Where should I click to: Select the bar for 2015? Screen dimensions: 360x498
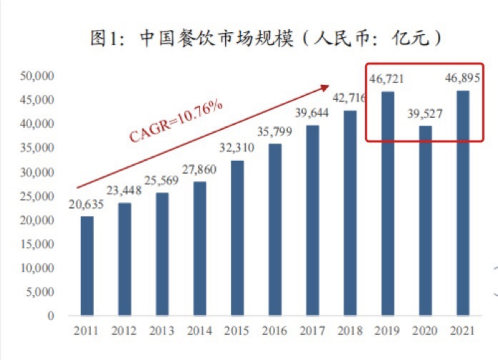[x=237, y=237]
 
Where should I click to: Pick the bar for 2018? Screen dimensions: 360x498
[x=350, y=212]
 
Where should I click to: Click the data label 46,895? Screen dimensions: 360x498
[x=462, y=78]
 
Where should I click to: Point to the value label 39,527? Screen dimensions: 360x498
[x=425, y=114]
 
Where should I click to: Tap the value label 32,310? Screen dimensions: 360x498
[x=237, y=148]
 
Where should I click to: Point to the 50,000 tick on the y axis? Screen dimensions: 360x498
[x=36, y=76]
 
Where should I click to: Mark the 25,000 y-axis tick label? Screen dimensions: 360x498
[x=36, y=196]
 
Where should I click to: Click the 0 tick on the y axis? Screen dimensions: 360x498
[x=51, y=316]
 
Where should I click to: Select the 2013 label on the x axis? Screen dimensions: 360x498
[x=162, y=331]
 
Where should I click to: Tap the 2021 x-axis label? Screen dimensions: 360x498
[x=462, y=331]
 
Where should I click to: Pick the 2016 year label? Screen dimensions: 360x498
[x=275, y=331]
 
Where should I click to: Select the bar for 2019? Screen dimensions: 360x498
[x=387, y=203]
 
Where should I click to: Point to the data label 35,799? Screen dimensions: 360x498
[x=275, y=132]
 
